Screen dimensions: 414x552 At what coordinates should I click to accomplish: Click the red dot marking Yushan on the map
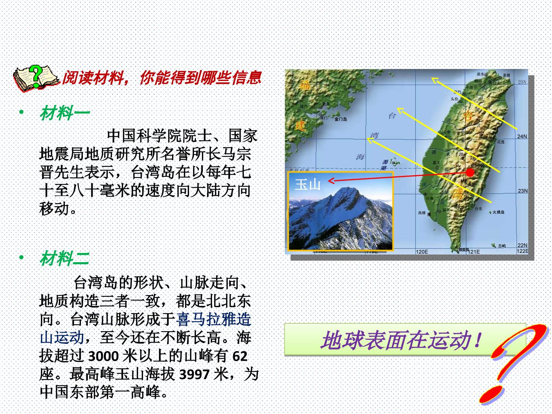(470, 172)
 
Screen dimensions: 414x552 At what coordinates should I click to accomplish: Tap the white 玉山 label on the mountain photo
(307, 185)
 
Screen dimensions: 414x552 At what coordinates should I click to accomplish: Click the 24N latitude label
(522, 136)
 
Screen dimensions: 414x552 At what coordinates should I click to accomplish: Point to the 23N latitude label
(522, 191)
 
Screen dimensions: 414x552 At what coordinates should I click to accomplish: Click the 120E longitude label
(422, 252)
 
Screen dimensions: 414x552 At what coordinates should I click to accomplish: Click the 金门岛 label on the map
(340, 119)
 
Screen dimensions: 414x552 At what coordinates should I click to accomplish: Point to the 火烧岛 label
(498, 212)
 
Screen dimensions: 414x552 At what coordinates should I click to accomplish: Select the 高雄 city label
(422, 213)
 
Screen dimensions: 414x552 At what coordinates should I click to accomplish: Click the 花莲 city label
(501, 142)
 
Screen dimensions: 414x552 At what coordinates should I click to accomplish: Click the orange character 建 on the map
(301, 125)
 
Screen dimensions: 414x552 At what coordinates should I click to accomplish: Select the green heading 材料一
(64, 113)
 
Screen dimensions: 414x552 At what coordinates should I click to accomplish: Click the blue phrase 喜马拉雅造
(214, 319)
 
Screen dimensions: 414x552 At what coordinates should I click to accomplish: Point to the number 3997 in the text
(194, 375)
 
